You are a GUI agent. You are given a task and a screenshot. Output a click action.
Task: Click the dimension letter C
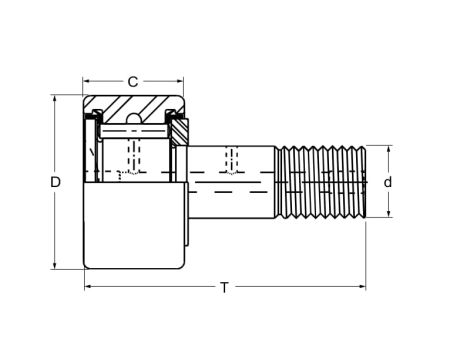coord(132,81)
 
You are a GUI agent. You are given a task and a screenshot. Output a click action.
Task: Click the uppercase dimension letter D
coord(56,182)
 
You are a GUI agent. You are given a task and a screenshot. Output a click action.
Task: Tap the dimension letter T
coord(224,287)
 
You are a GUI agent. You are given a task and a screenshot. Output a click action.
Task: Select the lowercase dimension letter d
coord(387,182)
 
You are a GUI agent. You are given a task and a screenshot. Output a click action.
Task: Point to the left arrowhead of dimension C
coord(86,81)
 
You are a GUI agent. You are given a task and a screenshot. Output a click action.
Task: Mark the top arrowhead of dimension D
coord(56,99)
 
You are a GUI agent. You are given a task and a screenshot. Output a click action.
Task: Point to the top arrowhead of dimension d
coord(387,148)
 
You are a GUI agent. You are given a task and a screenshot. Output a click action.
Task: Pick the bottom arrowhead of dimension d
coord(387,215)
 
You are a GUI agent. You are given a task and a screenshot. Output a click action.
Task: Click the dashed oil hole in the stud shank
coord(233,158)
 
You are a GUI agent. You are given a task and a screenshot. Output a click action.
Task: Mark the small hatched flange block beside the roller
coord(181,129)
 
